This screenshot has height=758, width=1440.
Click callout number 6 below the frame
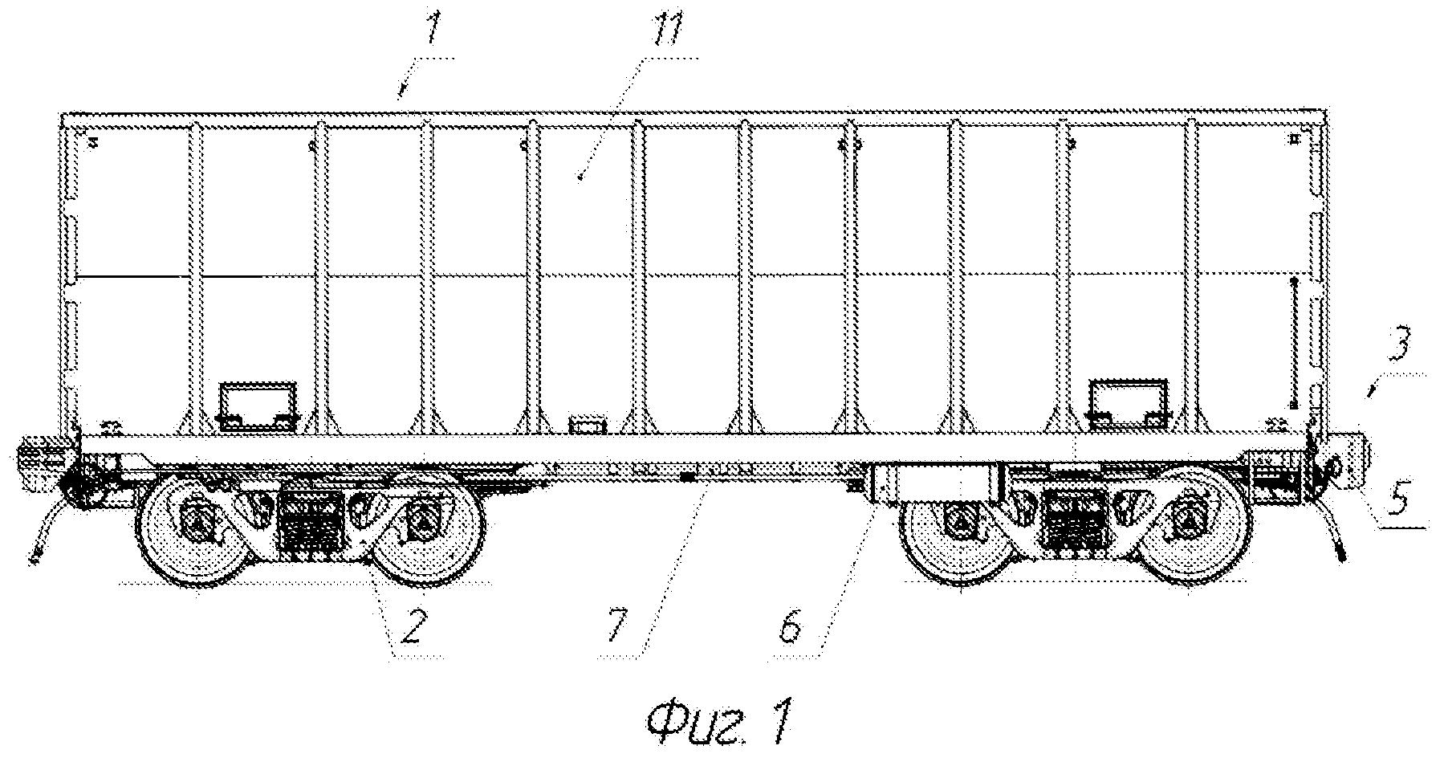pos(792,630)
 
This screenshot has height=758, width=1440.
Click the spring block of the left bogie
pos(311,520)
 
